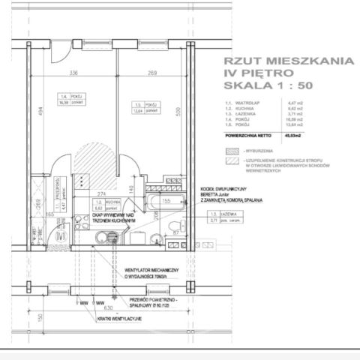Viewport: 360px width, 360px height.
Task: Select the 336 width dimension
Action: tap(73, 73)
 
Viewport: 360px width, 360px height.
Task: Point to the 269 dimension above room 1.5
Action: tap(153, 73)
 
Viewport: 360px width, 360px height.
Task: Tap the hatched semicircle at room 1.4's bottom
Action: tap(91, 159)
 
